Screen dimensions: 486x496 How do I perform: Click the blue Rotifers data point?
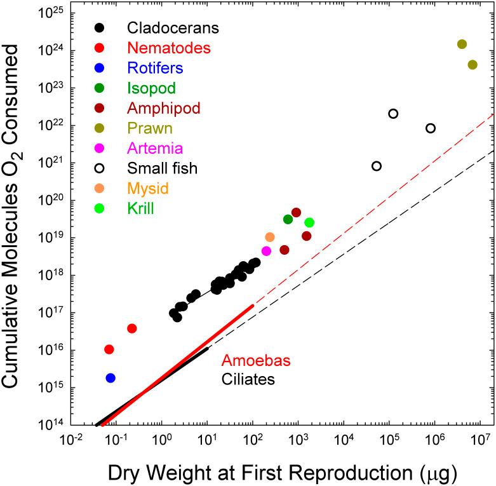111,378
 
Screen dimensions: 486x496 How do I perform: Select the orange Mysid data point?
270,237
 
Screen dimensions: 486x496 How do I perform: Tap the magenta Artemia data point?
266,251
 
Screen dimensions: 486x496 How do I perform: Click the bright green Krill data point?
309,222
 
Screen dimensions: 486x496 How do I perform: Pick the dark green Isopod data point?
288,219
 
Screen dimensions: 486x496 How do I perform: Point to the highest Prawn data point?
462,44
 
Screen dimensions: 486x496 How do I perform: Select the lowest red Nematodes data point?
109,349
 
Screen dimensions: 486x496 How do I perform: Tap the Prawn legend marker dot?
99,128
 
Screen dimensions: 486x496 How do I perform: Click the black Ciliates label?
248,380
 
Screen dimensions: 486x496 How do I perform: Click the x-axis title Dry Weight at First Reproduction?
280,472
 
